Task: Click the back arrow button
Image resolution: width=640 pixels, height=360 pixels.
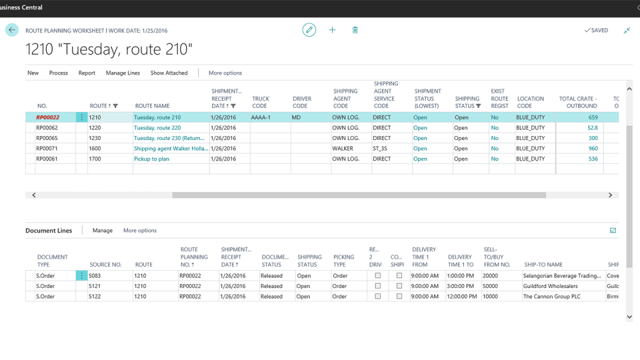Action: (x=12, y=30)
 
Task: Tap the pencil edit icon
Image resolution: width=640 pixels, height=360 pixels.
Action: (x=309, y=30)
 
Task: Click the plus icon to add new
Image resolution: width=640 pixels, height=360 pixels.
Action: (x=332, y=30)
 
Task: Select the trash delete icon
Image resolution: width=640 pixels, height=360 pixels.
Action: (x=355, y=30)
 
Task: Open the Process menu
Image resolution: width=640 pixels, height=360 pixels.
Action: (x=59, y=73)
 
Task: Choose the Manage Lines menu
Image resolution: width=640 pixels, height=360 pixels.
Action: (x=123, y=73)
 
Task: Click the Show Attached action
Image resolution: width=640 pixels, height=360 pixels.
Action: (x=169, y=73)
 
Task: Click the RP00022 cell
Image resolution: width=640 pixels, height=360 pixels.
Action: (x=48, y=117)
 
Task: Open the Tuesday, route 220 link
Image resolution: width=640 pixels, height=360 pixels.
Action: (x=157, y=128)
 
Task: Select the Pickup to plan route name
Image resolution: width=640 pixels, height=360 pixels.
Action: (x=151, y=159)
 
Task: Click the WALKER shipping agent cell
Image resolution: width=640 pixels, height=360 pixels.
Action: (x=343, y=149)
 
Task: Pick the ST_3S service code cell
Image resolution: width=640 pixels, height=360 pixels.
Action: (x=381, y=149)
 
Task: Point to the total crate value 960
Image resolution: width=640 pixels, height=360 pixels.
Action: (x=593, y=149)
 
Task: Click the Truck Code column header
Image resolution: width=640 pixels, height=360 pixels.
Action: (x=261, y=102)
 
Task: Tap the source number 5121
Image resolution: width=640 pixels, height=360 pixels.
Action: (x=97, y=286)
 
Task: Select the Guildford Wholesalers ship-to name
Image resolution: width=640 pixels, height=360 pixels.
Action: (x=550, y=286)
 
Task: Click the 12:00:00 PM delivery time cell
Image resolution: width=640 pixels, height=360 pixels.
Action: (x=461, y=297)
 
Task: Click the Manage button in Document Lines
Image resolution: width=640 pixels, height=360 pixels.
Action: (x=103, y=231)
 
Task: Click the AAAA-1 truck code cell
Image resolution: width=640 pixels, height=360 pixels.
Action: (x=261, y=117)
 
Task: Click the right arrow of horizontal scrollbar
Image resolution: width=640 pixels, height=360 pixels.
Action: (x=610, y=195)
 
